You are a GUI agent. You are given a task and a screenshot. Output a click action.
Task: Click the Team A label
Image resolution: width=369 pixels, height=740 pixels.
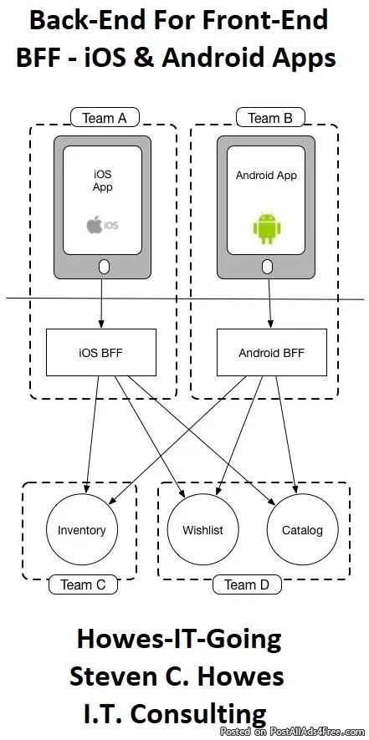pyautogui.click(x=105, y=118)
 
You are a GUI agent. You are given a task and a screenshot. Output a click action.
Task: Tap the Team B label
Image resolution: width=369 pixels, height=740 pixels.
pyautogui.click(x=270, y=118)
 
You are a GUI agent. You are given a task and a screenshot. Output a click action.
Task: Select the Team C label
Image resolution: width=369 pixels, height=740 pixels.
pyautogui.click(x=83, y=584)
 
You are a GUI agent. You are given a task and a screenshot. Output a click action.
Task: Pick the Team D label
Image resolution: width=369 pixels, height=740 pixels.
pyautogui.click(x=247, y=584)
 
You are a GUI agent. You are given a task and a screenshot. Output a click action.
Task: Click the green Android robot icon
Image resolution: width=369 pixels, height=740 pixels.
pyautogui.click(x=267, y=229)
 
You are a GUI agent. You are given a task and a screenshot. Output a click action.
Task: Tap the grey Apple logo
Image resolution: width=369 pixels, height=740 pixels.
pyautogui.click(x=94, y=225)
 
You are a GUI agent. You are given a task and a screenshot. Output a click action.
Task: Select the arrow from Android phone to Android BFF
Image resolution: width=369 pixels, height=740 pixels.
pyautogui.click(x=269, y=302)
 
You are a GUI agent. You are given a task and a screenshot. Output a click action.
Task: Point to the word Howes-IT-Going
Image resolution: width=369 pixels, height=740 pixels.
pyautogui.click(x=180, y=640)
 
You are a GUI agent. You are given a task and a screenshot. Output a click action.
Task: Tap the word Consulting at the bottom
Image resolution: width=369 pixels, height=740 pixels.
pyautogui.click(x=198, y=715)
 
